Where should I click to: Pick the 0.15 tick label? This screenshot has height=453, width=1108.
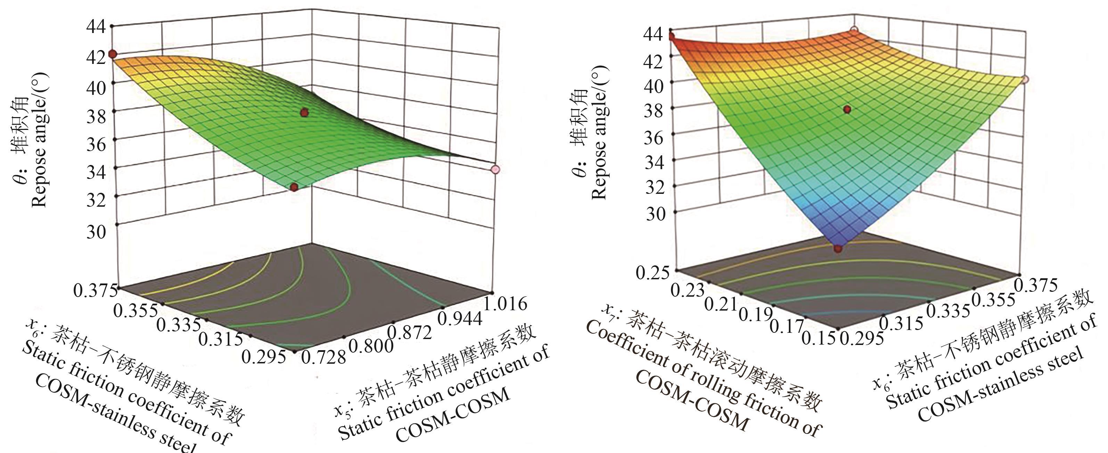coord(819,338)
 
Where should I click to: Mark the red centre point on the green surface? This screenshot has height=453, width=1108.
coord(304,113)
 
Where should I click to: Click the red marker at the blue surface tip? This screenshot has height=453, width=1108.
coord(838,248)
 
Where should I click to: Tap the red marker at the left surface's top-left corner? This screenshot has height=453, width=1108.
coord(112,54)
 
